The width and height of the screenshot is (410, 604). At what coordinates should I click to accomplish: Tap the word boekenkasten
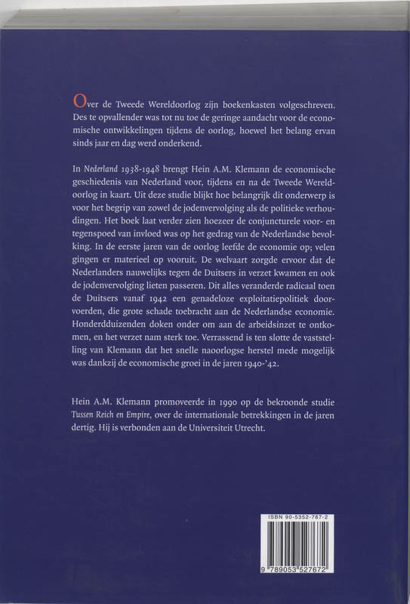(x=240, y=103)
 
